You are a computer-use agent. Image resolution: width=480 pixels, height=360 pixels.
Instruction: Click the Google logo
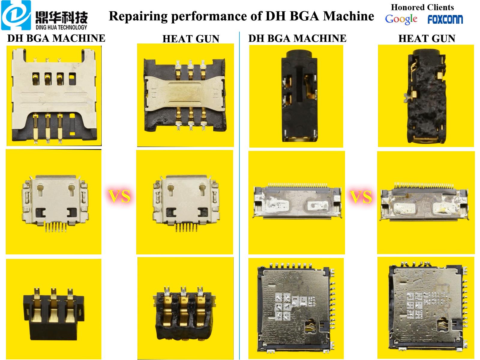tap(401, 19)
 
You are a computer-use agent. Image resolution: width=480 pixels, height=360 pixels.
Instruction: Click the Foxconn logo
tap(445, 19)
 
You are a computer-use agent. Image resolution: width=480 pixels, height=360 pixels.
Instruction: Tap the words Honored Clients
tap(422, 7)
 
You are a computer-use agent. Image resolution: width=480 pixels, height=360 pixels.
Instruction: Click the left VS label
tap(119, 196)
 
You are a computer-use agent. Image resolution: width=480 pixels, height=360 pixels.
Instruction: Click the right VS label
tap(361, 197)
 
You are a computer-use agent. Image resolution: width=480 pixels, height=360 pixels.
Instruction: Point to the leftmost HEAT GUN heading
tap(191, 39)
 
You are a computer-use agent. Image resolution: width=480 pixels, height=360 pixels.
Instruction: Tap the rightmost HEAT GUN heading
tap(427, 38)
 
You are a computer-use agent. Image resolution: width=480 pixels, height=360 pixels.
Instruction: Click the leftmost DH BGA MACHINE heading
tap(56, 38)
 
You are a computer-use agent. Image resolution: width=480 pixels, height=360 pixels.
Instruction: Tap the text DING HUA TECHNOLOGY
tap(61, 27)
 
